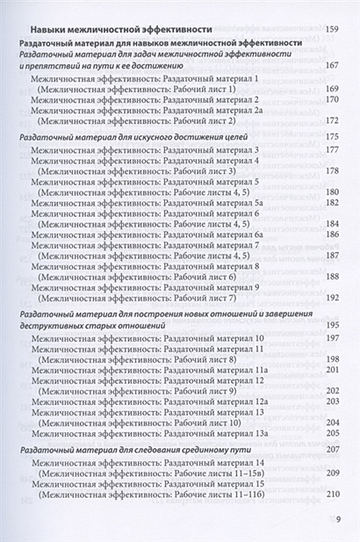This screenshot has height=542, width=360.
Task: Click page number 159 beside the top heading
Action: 332,30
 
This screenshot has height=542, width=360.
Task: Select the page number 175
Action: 332,137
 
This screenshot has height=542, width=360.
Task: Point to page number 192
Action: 332,297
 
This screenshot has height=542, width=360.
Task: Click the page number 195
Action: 332,325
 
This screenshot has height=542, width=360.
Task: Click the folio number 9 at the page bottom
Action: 338,517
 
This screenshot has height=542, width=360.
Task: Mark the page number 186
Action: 332,235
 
